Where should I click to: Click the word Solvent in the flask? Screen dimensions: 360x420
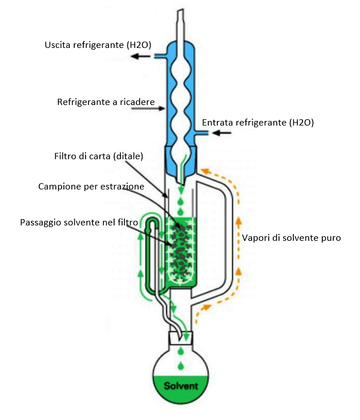181,386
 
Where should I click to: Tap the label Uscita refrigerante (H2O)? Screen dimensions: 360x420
98,45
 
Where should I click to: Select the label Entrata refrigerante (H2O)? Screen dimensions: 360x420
258,123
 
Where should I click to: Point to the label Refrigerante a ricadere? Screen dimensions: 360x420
106,102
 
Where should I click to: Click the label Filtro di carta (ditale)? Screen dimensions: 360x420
99,156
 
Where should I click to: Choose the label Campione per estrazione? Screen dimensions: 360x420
91,187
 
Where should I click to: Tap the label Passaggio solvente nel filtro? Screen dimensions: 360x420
79,223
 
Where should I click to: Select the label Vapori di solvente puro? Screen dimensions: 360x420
292,238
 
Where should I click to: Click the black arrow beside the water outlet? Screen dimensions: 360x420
140,56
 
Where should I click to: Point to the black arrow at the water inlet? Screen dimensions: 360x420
221,132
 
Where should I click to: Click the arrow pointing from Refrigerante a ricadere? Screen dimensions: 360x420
148,108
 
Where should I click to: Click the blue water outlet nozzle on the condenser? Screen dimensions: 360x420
160,56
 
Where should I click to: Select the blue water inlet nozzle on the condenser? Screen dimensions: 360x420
201,132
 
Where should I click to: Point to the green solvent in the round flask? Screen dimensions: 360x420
181,389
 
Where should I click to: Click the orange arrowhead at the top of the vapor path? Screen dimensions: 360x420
205,171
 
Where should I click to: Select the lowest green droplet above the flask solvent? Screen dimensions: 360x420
181,365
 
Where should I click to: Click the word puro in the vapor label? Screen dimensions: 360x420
330,239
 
